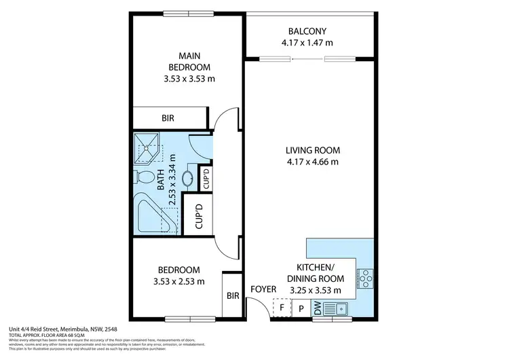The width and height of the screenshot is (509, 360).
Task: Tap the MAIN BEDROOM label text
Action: click(x=189, y=61)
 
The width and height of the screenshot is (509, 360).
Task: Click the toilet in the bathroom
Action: click(x=144, y=177)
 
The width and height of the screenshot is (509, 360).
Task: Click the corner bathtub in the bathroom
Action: click(x=152, y=213)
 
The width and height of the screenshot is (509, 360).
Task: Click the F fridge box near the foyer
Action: click(x=281, y=308)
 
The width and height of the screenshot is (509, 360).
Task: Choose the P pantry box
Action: click(x=301, y=308)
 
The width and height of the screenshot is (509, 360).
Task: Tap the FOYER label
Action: click(x=263, y=289)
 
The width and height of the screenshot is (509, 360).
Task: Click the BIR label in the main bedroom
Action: click(x=168, y=118)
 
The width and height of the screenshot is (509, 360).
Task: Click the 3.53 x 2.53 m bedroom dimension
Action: click(x=178, y=281)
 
